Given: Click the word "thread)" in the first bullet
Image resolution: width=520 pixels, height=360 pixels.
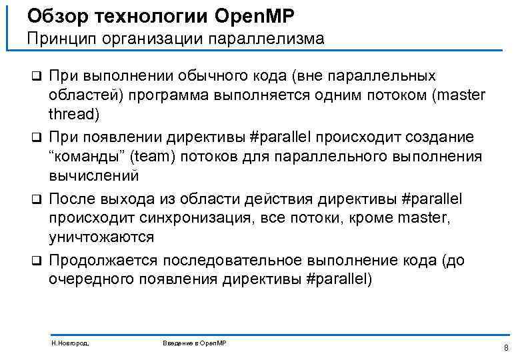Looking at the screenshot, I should (x=73, y=114).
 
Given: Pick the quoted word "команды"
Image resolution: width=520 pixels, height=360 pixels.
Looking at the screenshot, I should (x=87, y=157).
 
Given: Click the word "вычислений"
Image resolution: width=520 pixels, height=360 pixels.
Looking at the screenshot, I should (x=93, y=176).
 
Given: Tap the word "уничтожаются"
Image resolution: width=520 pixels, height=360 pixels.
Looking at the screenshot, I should (x=101, y=237).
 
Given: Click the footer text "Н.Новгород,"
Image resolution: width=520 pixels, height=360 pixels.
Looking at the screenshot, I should (x=70, y=342).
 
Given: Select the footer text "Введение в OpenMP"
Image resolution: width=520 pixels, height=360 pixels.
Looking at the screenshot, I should (x=195, y=342).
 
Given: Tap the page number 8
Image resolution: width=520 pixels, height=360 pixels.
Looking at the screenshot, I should (x=506, y=347).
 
